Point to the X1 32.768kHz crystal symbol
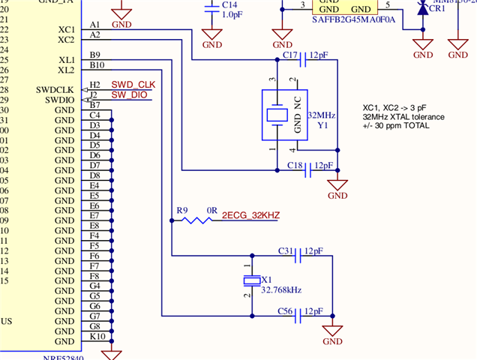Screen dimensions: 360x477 pos(250,280)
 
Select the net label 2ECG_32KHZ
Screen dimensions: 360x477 pos(250,215)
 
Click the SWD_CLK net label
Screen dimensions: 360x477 pos(133,85)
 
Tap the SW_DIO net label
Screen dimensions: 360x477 pos(130,95)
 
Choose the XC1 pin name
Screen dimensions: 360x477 pos(65,29)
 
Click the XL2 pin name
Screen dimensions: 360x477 pos(65,70)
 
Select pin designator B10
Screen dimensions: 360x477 pos(97,65)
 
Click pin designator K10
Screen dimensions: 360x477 pos(97,337)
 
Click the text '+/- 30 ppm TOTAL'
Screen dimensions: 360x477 pos(396,126)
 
